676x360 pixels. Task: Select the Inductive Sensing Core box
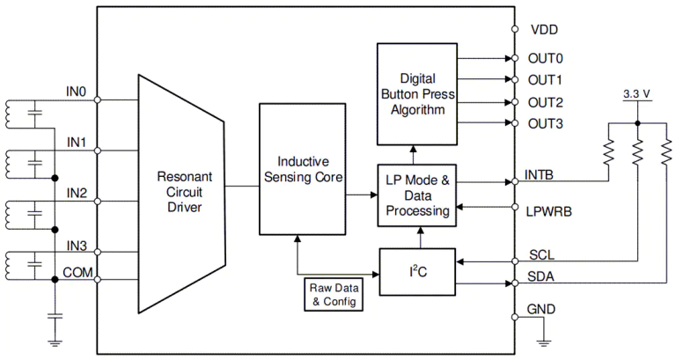tap(303, 169)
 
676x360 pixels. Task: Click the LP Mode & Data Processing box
tap(417, 195)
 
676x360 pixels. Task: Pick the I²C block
tap(417, 272)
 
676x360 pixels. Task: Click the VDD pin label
tap(544, 29)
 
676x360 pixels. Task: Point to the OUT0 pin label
tap(545, 59)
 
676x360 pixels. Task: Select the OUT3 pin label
tap(545, 122)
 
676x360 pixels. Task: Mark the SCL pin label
tap(540, 255)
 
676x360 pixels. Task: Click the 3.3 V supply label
tap(636, 92)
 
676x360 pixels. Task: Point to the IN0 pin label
tap(77, 90)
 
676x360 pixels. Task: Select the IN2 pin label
tap(77, 192)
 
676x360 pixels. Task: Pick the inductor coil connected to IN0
tap(13, 113)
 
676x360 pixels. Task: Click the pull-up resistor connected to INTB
tap(607, 152)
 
